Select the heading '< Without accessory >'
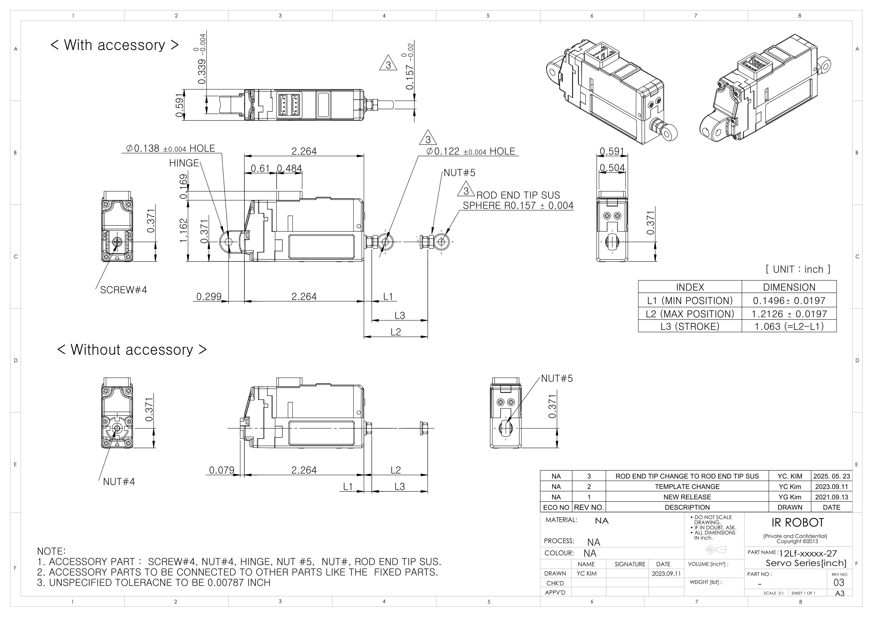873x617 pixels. pos(132,350)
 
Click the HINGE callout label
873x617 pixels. pos(184,163)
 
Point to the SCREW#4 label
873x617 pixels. pos(123,290)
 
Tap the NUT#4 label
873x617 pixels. pos(119,482)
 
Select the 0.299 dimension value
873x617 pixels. pos(209,296)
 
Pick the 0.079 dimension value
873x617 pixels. pos(222,470)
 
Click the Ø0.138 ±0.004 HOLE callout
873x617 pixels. pos(170,148)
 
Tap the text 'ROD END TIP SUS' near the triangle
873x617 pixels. pos(518,195)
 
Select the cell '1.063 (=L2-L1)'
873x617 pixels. pos(789,327)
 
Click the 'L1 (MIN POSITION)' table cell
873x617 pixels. pos(690,301)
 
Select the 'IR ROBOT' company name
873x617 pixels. pos(797,523)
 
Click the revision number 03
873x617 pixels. pos(838,583)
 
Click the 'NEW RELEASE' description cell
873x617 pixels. pos(687,497)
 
